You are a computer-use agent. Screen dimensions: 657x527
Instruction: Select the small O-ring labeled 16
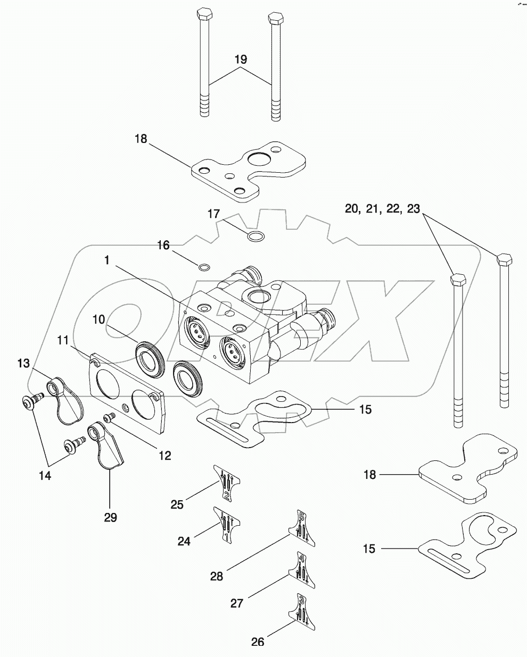click(x=204, y=266)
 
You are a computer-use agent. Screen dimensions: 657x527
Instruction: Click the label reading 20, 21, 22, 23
click(x=383, y=209)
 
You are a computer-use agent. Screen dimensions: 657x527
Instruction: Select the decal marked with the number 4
click(x=302, y=570)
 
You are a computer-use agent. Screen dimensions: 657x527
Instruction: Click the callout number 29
click(x=110, y=517)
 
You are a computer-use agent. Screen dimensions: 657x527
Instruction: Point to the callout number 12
click(x=165, y=455)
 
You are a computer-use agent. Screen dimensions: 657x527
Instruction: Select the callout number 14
click(x=45, y=476)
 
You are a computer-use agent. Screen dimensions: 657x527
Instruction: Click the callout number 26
click(x=257, y=642)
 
